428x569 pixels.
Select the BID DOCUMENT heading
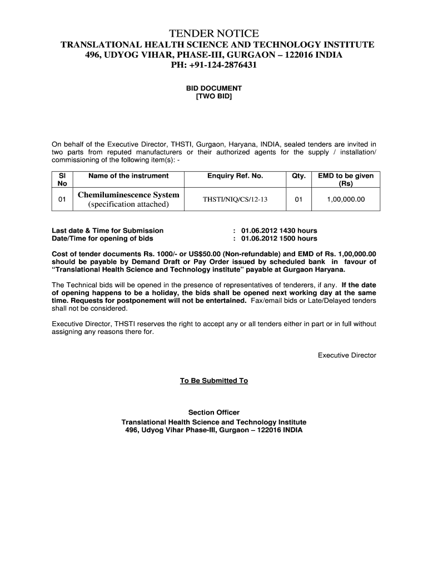(x=214, y=88)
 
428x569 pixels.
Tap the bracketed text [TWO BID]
(x=214, y=97)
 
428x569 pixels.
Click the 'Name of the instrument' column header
(x=128, y=176)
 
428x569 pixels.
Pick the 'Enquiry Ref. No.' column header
(x=235, y=176)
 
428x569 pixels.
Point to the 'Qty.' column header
(x=298, y=176)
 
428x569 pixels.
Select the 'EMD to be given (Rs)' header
(x=346, y=179)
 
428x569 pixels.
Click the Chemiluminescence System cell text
(x=128, y=195)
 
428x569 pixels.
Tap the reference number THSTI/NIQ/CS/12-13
(x=235, y=199)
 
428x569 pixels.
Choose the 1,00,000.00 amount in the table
(x=346, y=199)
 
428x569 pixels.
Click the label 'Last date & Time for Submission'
(x=108, y=231)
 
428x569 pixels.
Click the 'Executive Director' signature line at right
(x=347, y=355)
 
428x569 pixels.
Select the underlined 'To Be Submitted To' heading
(x=214, y=381)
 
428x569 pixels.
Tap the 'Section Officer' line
(x=214, y=412)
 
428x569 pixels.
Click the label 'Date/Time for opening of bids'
(x=103, y=238)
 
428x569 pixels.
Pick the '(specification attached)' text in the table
(x=128, y=204)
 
